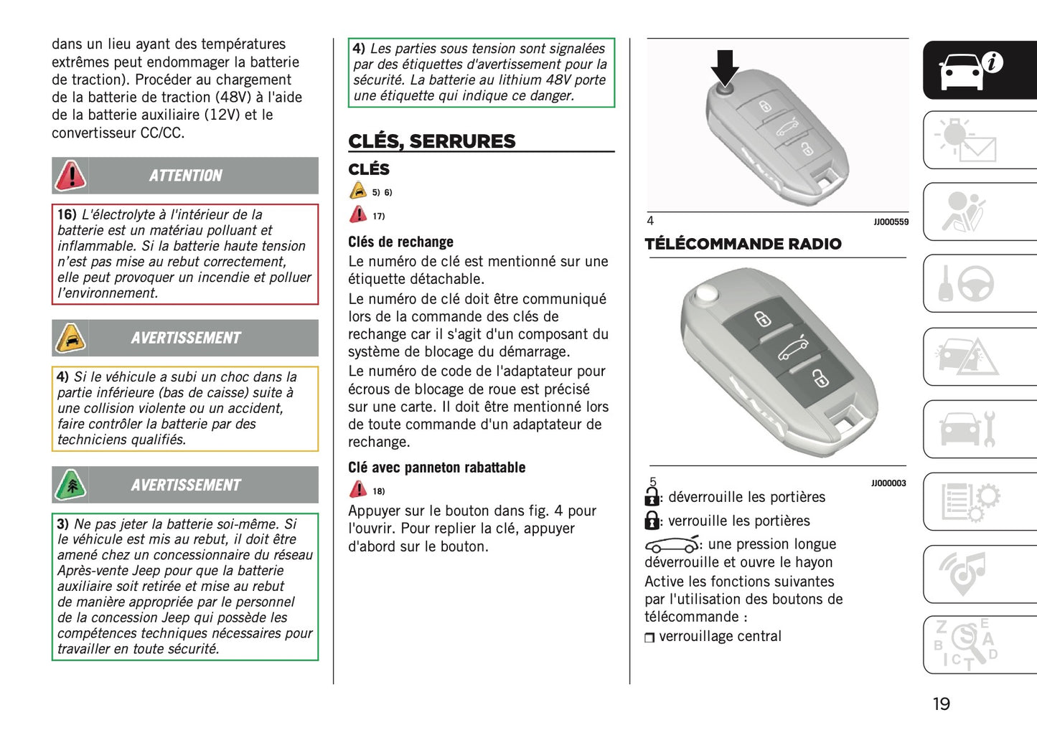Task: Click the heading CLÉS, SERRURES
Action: (431, 141)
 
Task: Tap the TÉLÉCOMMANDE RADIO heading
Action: (743, 244)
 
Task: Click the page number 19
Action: (941, 704)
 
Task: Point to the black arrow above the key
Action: (725, 67)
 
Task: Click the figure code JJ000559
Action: (891, 222)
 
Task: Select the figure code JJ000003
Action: (888, 483)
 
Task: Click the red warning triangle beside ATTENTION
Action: (71, 176)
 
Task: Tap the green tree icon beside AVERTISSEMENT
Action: (71, 485)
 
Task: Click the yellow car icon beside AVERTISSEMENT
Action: (71, 338)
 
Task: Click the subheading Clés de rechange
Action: (400, 242)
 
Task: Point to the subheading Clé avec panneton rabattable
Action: (436, 468)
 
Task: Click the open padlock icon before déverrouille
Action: (652, 496)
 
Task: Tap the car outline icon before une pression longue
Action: (671, 544)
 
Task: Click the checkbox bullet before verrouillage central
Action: (649, 637)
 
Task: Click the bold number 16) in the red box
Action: (67, 214)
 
